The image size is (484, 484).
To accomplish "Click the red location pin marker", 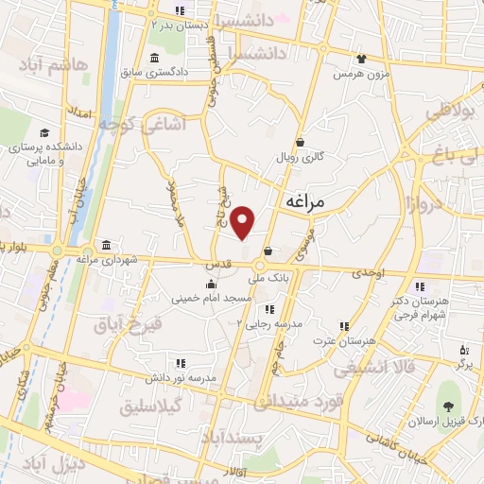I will click(x=244, y=223).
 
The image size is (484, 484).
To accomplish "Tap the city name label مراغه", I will click(x=304, y=202).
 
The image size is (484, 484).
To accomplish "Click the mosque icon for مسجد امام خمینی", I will click(x=211, y=284).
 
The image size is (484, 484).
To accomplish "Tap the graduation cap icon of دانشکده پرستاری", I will click(x=45, y=132).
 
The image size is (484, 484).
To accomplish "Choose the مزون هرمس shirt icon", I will click(x=359, y=59).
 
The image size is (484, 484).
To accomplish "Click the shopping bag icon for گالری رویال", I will click(x=300, y=143).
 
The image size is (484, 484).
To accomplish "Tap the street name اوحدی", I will click(x=369, y=272).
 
